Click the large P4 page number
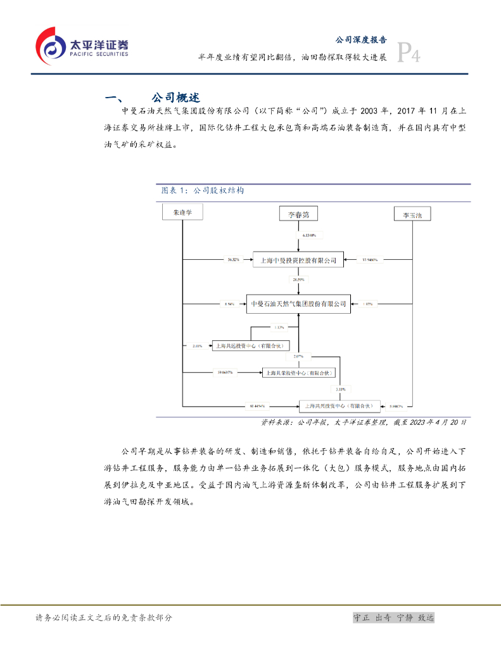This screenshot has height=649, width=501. click(409, 53)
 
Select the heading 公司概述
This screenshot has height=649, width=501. click(175, 98)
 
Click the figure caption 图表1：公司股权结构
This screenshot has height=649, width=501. click(200, 190)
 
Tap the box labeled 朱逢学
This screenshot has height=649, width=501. click(182, 213)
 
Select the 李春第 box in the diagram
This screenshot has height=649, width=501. click(298, 214)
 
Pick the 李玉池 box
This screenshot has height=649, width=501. click(412, 215)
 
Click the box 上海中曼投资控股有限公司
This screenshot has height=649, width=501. click(298, 260)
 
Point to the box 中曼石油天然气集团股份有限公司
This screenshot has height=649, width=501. click(298, 304)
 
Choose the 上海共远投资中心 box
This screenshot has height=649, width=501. click(251, 345)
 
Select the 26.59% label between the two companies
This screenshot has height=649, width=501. click(298, 279)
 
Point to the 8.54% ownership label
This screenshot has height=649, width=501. click(229, 304)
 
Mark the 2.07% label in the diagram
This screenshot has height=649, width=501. click(298, 357)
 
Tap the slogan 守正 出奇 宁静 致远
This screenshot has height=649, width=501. click(393, 618)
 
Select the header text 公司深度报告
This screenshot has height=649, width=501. click(360, 39)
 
